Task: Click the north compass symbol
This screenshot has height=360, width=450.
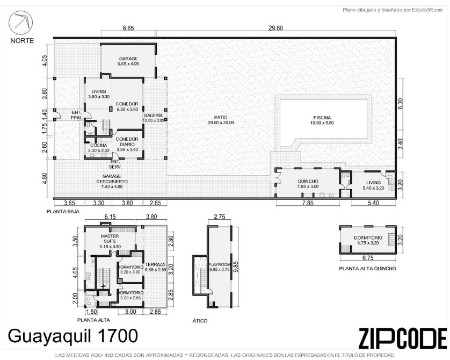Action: coord(20,23)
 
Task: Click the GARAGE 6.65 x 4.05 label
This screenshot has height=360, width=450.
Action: coord(128,61)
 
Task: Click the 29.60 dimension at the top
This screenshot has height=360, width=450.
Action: coord(275,28)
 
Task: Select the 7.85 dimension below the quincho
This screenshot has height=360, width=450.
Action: coord(307,203)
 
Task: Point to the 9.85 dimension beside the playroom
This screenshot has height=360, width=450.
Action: coord(237,267)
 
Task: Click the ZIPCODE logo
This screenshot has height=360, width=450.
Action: coord(403,338)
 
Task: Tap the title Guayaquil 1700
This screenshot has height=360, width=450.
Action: coord(73,336)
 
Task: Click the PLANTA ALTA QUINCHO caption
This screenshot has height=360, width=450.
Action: coord(367,269)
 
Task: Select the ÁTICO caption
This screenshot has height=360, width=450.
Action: coord(200,321)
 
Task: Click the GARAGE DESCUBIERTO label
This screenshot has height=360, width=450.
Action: coord(112,182)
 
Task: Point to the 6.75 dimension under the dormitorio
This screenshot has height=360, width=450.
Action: coord(368,258)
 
